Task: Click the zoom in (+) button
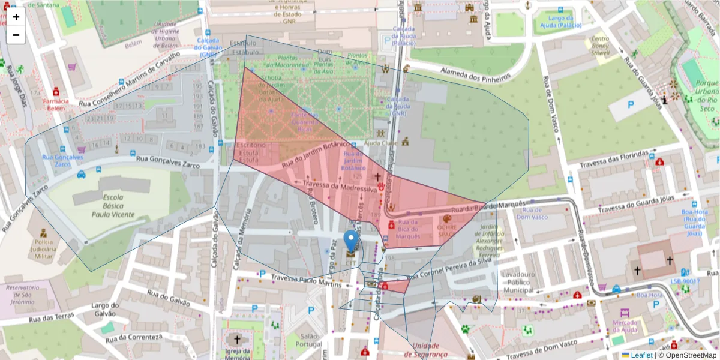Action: point(16,17)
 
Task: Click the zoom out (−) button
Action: point(16,35)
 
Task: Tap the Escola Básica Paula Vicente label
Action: point(113,206)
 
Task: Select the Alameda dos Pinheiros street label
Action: point(475,74)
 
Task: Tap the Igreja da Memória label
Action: point(238,355)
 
